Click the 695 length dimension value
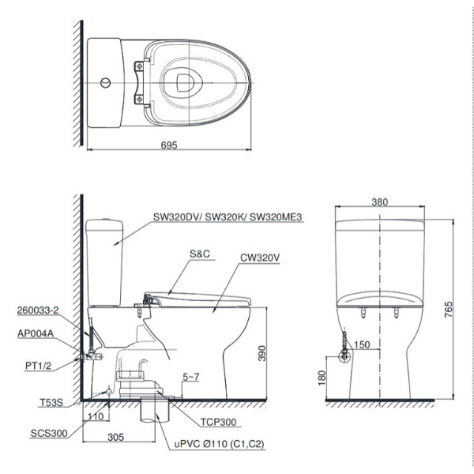pyautogui.click(x=168, y=145)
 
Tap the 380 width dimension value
pyautogui.click(x=380, y=202)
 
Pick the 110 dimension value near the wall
pyautogui.click(x=96, y=416)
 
